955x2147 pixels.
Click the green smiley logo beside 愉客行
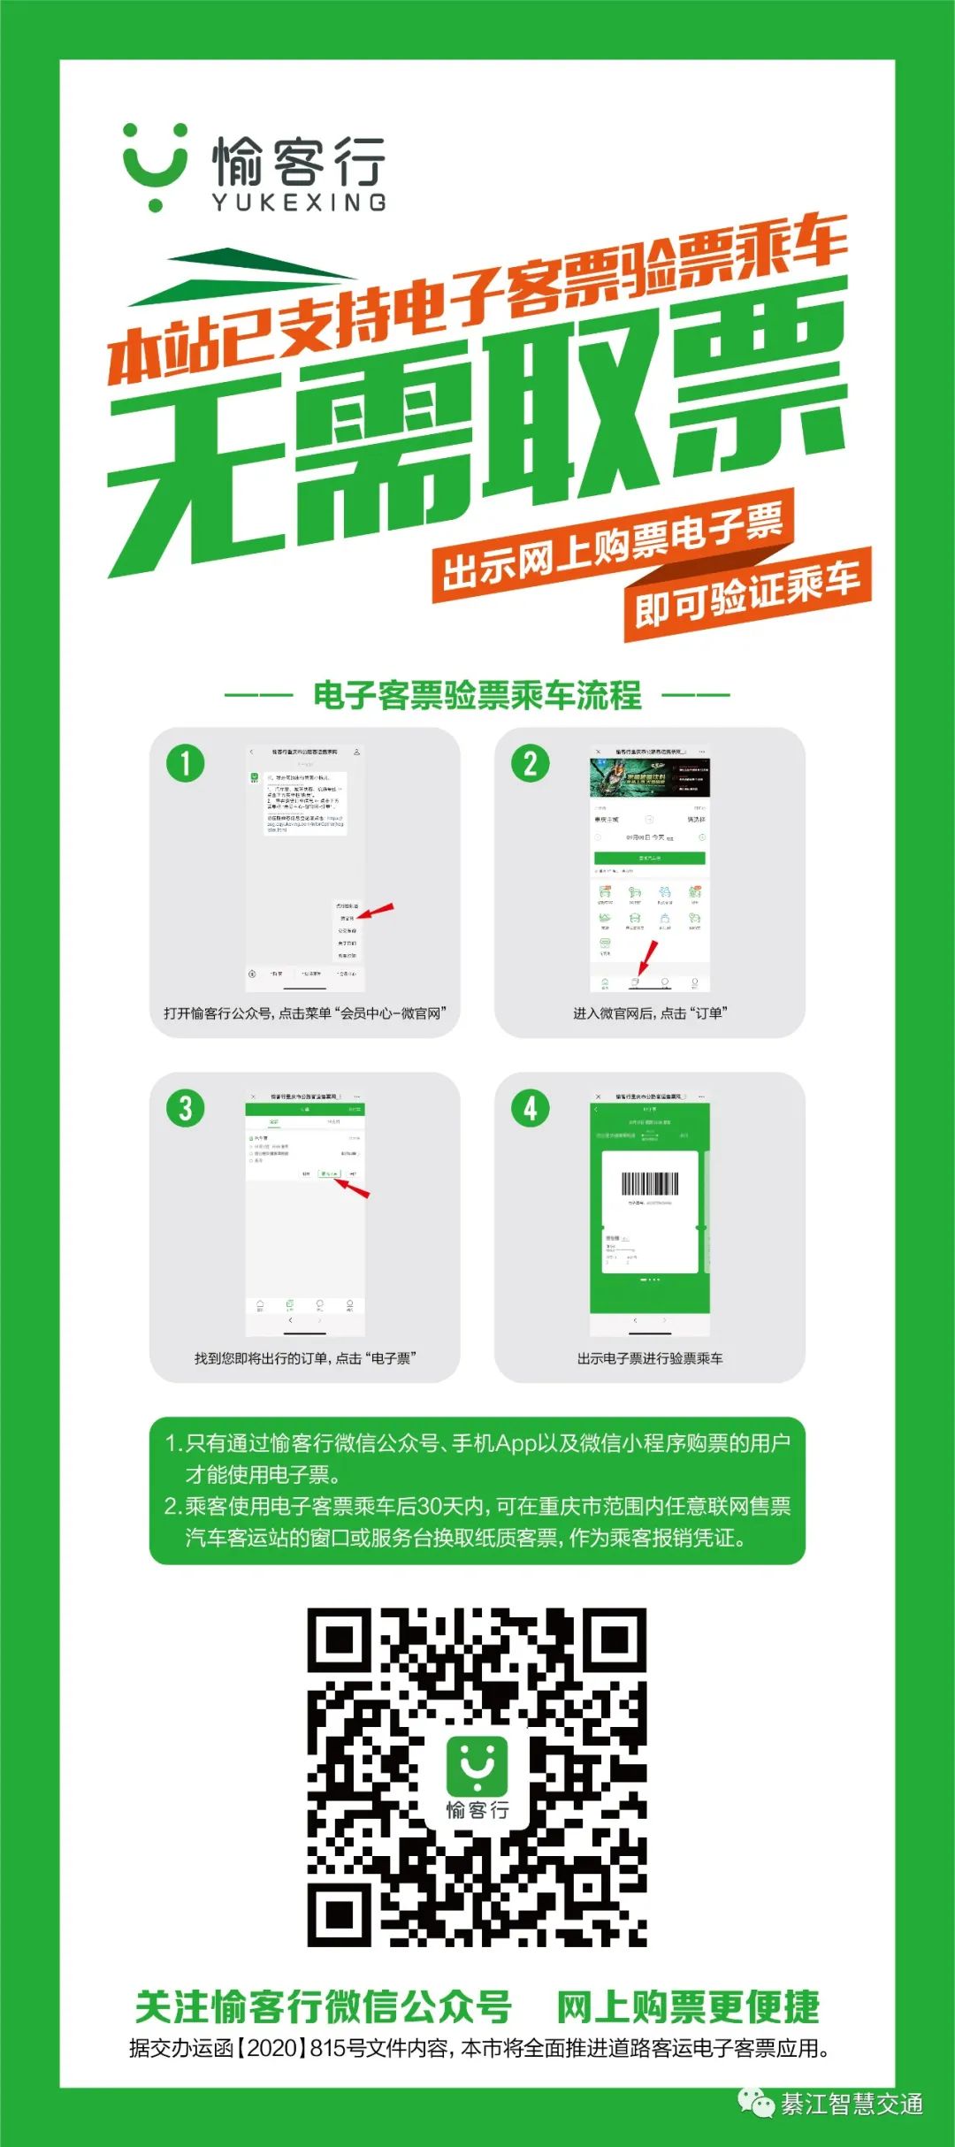pyautogui.click(x=156, y=167)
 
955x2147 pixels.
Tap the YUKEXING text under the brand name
pyautogui.click(x=299, y=202)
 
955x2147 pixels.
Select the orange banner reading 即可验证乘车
pyautogui.click(x=747, y=592)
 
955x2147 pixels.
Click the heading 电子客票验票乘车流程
pyautogui.click(x=477, y=695)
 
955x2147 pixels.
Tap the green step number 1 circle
pyautogui.click(x=186, y=763)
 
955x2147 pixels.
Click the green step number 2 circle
pyautogui.click(x=531, y=763)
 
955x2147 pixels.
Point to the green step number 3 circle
pyautogui.click(x=186, y=1108)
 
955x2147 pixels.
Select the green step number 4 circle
pyautogui.click(x=531, y=1108)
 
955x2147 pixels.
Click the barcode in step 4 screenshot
pyautogui.click(x=650, y=1184)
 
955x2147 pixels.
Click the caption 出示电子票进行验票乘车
pyautogui.click(x=650, y=1358)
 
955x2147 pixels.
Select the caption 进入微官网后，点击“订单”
pyautogui.click(x=650, y=1013)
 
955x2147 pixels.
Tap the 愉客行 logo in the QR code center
pyautogui.click(x=477, y=1776)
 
